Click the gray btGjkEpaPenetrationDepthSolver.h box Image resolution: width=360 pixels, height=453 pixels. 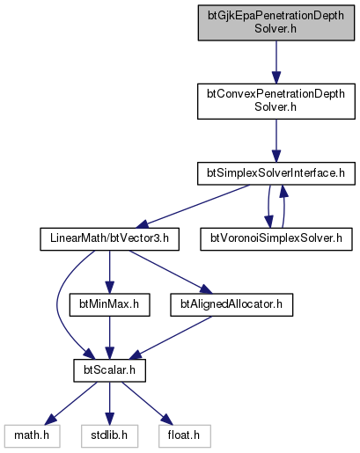tap(276, 23)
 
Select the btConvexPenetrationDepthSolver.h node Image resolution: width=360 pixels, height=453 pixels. tap(276, 101)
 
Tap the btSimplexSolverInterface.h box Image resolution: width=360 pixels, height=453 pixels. tap(276, 173)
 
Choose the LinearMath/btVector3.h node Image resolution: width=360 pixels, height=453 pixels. tap(109, 239)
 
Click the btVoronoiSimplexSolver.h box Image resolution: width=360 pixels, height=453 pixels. tap(276, 239)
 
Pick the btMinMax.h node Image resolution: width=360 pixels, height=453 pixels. tap(109, 304)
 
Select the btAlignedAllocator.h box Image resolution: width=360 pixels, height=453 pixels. tap(231, 304)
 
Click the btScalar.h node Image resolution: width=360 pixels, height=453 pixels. tap(109, 370)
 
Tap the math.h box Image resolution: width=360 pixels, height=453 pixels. tap(32, 436)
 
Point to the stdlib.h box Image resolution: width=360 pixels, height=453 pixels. tap(109, 436)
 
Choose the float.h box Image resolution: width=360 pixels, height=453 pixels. tap(185, 436)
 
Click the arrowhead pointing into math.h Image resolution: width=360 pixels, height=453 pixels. tap(50, 420)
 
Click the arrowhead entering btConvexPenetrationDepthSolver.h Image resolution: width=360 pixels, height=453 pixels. tap(276, 77)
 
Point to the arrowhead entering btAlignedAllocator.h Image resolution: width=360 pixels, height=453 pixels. tap(206, 289)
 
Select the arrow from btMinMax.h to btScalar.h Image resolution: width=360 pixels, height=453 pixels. tap(109, 338)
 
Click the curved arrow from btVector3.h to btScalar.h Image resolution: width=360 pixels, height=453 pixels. tap(58, 305)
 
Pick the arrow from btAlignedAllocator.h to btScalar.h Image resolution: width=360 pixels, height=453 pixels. tap(170, 338)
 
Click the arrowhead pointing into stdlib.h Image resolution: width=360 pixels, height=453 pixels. tap(109, 419)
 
